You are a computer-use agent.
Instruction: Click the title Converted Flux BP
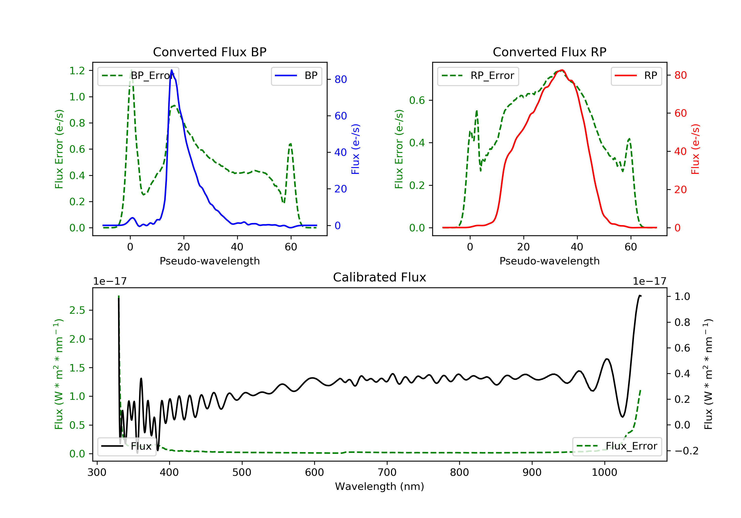tap(209, 52)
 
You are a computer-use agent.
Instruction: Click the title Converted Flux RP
tap(549, 52)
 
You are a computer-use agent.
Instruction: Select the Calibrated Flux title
tap(380, 277)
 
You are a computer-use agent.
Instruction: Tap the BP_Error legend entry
tap(138, 76)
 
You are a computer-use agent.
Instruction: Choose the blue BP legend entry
tap(296, 76)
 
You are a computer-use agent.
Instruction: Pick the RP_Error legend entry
tap(478, 76)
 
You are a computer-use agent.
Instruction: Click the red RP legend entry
tap(636, 76)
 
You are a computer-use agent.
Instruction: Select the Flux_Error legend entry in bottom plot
tap(617, 446)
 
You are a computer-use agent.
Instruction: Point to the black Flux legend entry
tap(126, 446)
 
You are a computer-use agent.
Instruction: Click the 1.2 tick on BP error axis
tap(77, 71)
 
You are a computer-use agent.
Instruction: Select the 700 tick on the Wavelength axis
tap(387, 473)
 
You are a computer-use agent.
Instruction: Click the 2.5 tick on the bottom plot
tap(77, 310)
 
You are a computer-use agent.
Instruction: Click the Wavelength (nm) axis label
tap(380, 486)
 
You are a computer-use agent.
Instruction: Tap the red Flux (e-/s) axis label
tap(695, 149)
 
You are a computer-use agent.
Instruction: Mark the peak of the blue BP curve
tap(171, 70)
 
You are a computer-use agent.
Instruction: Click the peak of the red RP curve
tap(562, 70)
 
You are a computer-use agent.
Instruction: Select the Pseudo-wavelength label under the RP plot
tap(549, 261)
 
